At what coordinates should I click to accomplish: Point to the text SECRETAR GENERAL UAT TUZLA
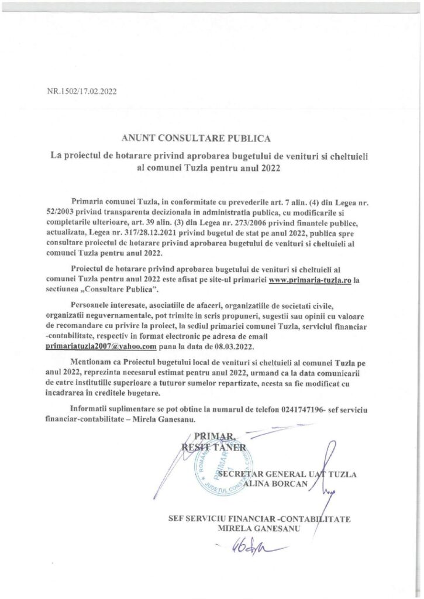(286, 473)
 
